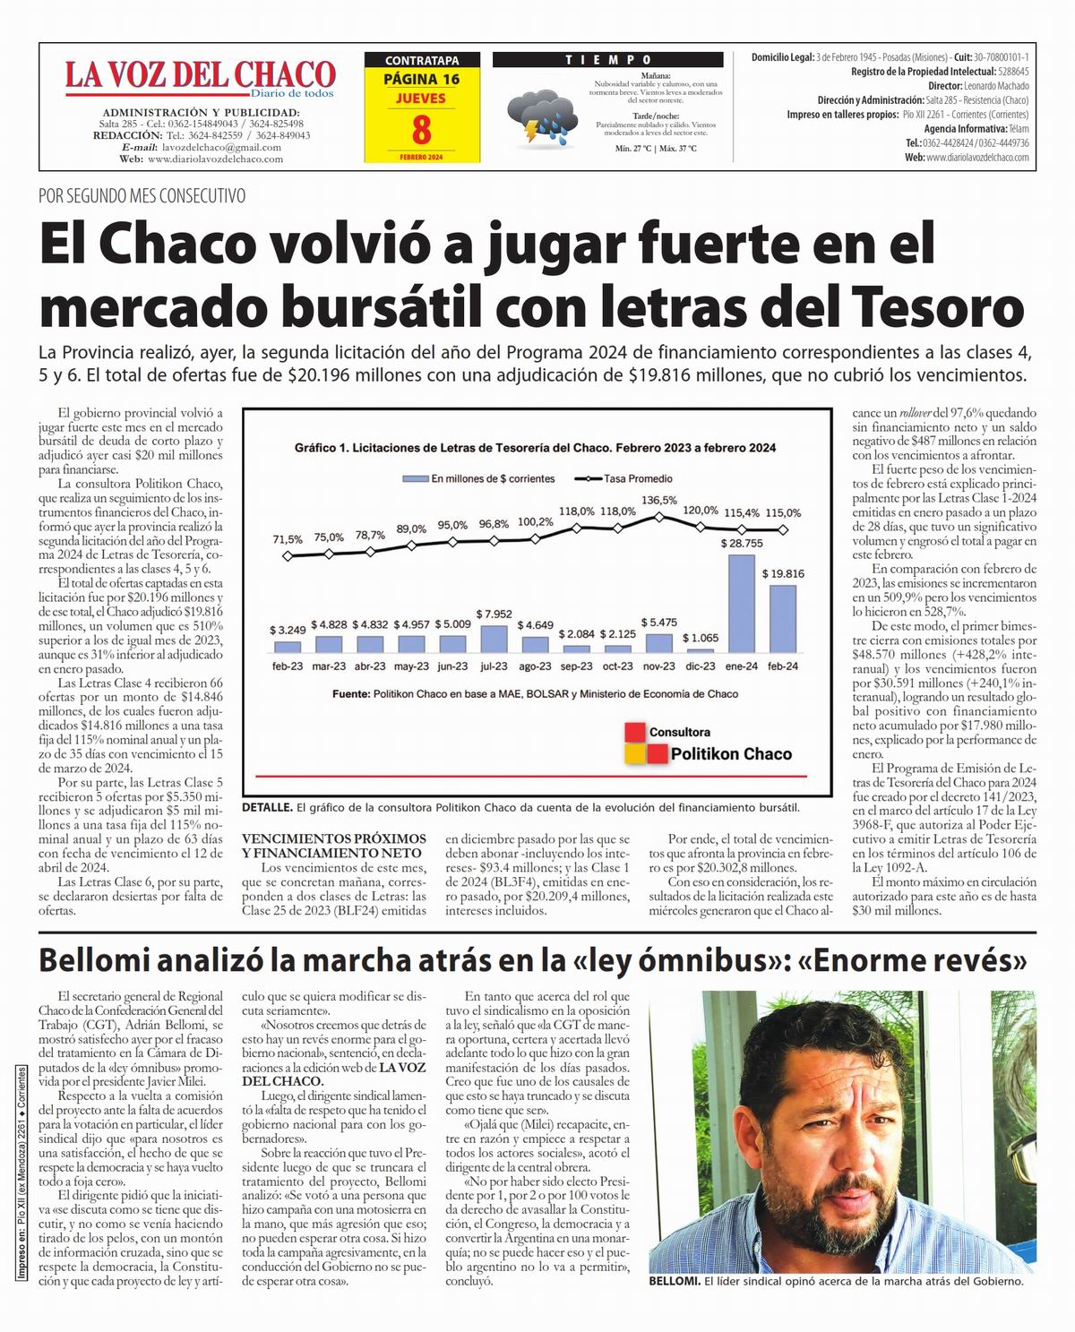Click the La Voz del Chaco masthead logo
[x=200, y=77]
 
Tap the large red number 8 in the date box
[x=421, y=130]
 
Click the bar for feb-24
[x=783, y=618]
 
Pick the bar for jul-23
[x=494, y=638]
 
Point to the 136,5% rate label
[x=659, y=500]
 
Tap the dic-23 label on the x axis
[x=701, y=666]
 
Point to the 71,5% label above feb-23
[x=288, y=539]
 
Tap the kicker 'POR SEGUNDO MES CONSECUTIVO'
[x=142, y=195]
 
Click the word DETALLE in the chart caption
[x=267, y=807]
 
